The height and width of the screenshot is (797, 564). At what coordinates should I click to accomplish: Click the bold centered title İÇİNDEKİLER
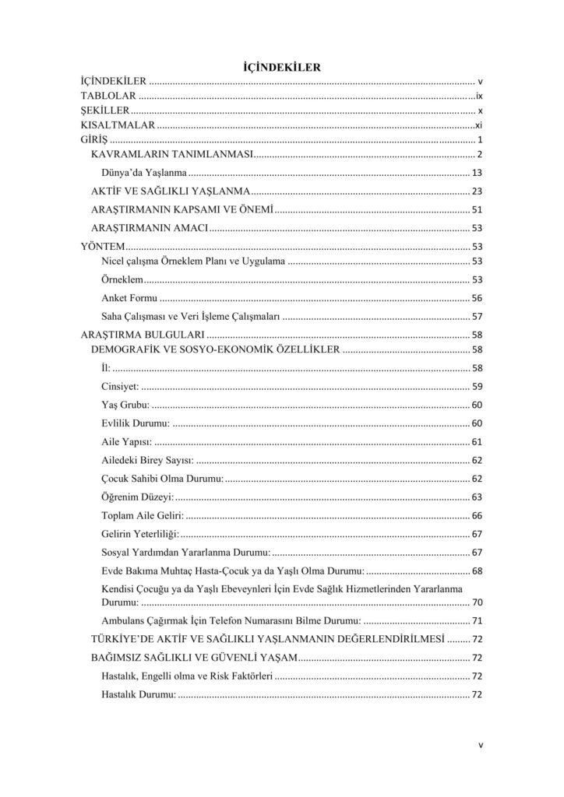pos(282,68)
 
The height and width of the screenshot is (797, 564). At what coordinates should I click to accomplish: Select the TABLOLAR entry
pos(109,96)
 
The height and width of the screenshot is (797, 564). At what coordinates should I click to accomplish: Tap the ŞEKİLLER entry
pos(105,111)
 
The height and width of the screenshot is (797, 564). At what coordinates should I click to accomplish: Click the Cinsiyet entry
pos(120,386)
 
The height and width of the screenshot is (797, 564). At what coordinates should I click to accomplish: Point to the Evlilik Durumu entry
pos(136,423)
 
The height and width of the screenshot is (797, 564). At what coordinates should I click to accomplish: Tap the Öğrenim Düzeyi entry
pos(138,497)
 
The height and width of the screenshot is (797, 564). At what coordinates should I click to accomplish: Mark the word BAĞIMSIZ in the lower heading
pos(118,658)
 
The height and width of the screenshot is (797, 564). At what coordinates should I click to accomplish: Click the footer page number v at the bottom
pos(481,745)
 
